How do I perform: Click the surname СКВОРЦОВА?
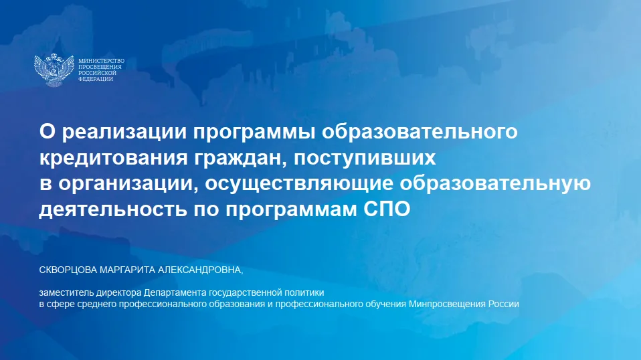pos(69,270)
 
